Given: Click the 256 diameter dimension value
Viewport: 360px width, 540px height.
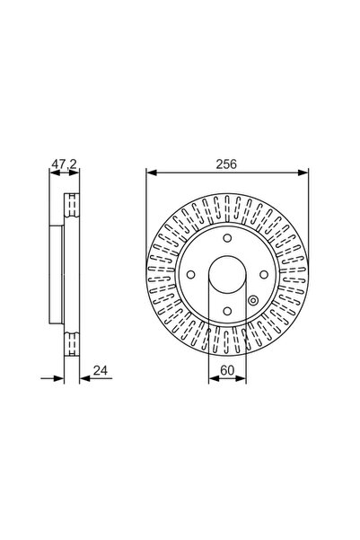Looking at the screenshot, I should [x=226, y=164].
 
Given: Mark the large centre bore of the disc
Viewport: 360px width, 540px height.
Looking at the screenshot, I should [x=227, y=279].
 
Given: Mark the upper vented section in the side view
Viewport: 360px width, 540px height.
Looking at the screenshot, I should [x=70, y=208].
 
